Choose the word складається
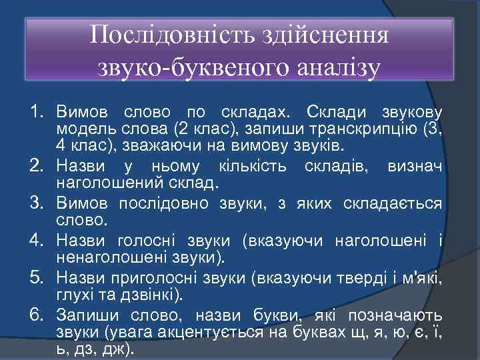(x=392, y=203)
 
